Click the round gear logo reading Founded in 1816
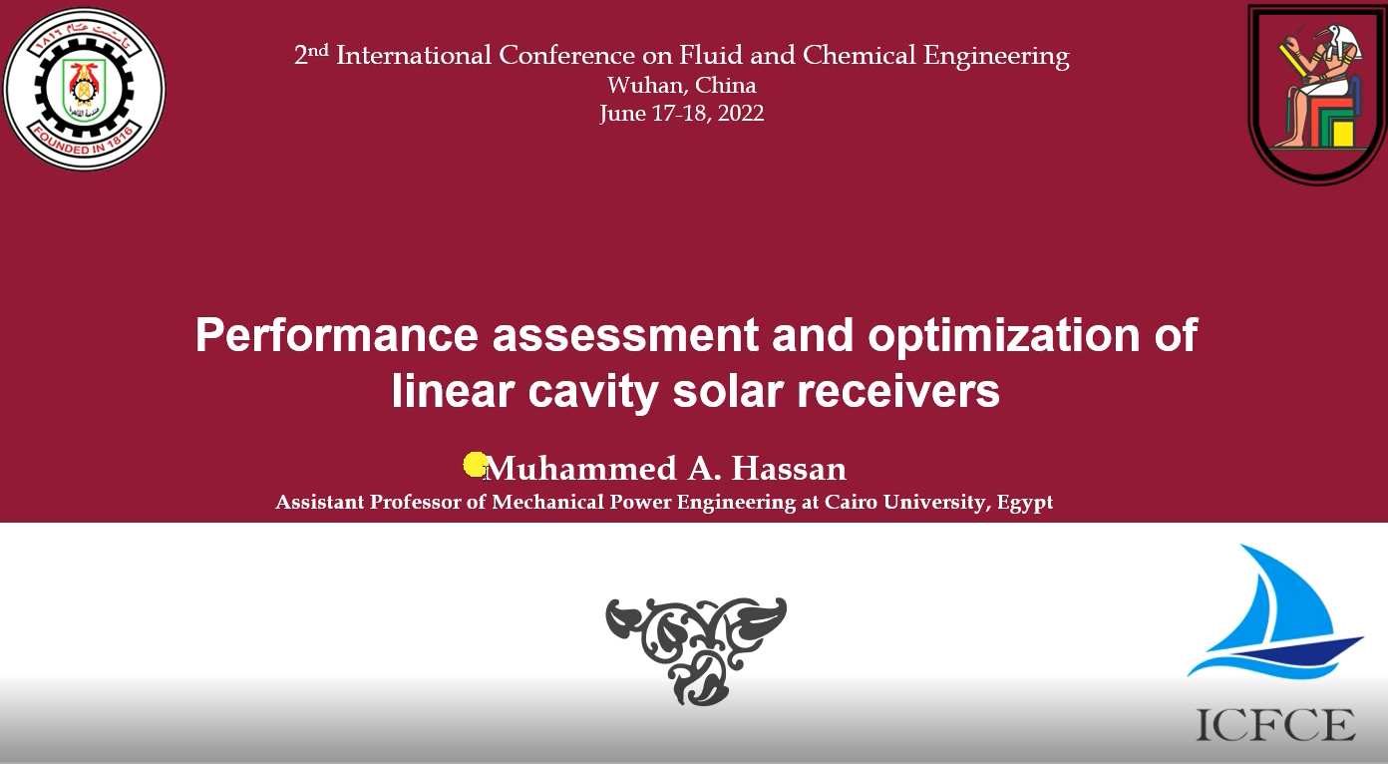point(85,89)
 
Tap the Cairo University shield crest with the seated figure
point(1317,94)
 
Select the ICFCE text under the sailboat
point(1275,725)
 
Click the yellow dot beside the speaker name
point(476,465)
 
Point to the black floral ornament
point(696,650)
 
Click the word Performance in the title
point(336,335)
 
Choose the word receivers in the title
point(898,392)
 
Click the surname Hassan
point(789,468)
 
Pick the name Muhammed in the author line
point(582,468)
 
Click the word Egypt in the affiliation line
point(1025,503)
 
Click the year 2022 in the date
point(741,114)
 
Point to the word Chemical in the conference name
point(859,55)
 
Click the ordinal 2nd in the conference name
point(311,54)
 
